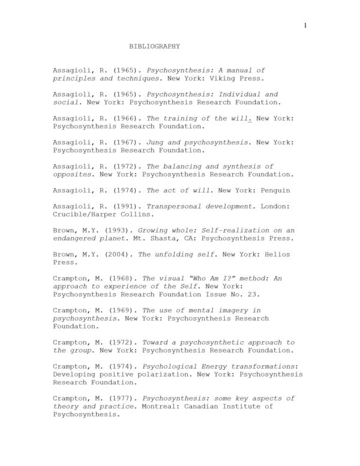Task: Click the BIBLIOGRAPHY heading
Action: [155, 46]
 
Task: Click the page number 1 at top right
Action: [305, 25]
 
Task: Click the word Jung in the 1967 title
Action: [156, 142]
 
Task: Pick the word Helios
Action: [277, 253]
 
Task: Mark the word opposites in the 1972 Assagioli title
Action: [73, 174]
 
